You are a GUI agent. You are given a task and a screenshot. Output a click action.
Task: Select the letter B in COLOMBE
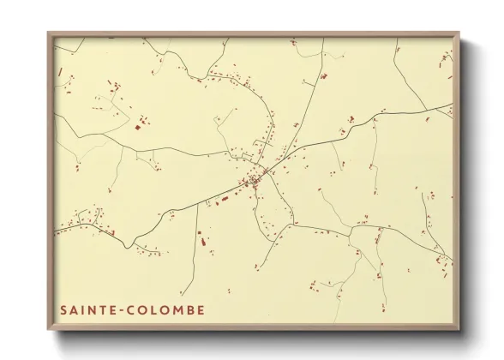(x=189, y=309)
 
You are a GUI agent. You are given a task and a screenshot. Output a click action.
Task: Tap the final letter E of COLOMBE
(x=201, y=309)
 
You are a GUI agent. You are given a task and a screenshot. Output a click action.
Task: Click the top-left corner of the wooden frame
(x=48, y=33)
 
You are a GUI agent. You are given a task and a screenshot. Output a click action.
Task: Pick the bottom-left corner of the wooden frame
(x=48, y=329)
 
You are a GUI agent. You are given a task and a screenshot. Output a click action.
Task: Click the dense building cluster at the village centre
(x=253, y=180)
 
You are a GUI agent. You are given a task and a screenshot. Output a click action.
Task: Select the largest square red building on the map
(x=137, y=127)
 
